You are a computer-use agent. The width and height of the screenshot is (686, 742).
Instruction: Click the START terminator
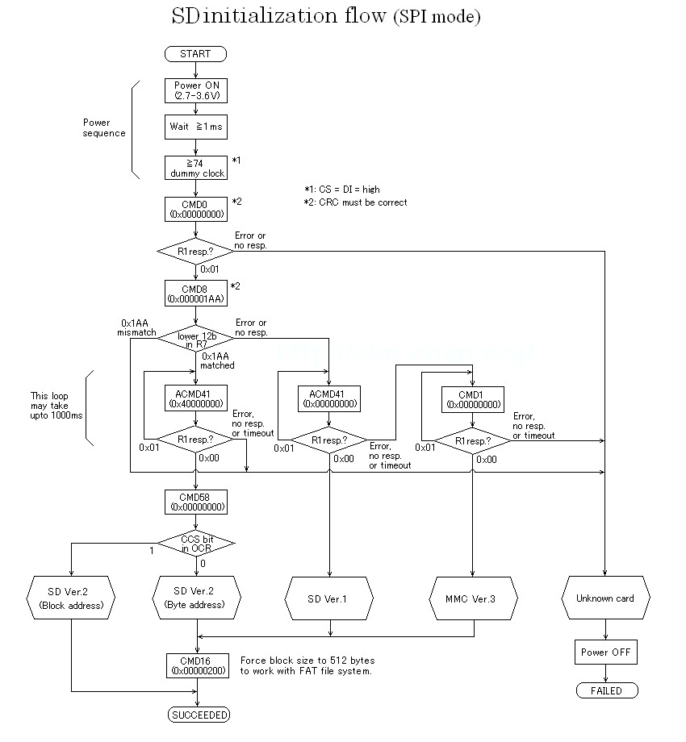(195, 54)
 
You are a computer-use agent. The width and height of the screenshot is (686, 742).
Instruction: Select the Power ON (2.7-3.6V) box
(195, 90)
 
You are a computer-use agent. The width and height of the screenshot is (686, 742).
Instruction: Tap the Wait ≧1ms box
(195, 127)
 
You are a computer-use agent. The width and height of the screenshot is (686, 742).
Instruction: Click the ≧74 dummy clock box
(195, 168)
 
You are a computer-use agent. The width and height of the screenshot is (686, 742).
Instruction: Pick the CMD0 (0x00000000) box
(195, 208)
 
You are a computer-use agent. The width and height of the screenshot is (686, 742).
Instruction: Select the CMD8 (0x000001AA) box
(195, 293)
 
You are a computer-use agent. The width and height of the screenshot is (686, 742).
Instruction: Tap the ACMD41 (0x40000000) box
(195, 398)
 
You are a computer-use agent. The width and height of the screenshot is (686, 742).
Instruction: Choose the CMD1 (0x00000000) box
(472, 398)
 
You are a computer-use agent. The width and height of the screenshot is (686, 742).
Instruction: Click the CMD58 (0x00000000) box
(195, 502)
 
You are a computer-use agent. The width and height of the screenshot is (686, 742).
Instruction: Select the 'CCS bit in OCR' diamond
(195, 543)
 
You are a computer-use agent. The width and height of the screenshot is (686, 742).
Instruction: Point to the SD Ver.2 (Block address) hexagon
(72, 598)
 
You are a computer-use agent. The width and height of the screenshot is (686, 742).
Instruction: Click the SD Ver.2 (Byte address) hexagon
(195, 598)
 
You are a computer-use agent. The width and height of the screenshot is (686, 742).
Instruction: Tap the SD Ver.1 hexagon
(328, 598)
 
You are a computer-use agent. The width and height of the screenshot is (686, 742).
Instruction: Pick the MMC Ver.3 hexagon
(472, 598)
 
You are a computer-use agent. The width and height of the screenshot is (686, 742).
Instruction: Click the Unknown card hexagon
(604, 598)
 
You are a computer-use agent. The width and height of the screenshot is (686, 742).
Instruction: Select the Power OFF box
(604, 652)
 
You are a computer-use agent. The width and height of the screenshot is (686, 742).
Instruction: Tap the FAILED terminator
(604, 690)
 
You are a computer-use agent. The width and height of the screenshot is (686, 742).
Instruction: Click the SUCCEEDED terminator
(199, 714)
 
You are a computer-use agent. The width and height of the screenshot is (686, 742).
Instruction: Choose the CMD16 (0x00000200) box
(195, 665)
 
